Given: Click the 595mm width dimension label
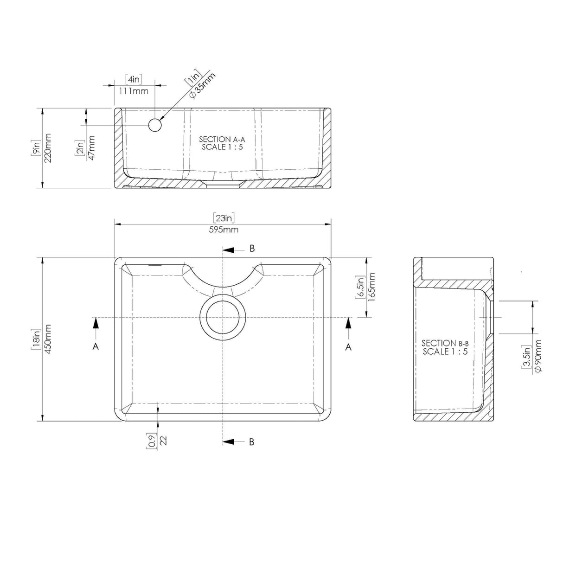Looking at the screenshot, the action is tap(224, 230).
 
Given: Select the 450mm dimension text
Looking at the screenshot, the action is tap(48, 339).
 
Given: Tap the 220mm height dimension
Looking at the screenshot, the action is tap(48, 148).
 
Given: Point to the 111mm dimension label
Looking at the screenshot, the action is tap(134, 91).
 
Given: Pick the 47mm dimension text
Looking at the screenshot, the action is tap(91, 148).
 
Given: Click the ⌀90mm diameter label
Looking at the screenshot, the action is tap(537, 356).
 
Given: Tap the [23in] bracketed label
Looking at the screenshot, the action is tap(224, 218).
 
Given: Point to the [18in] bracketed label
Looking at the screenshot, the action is tap(36, 339).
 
